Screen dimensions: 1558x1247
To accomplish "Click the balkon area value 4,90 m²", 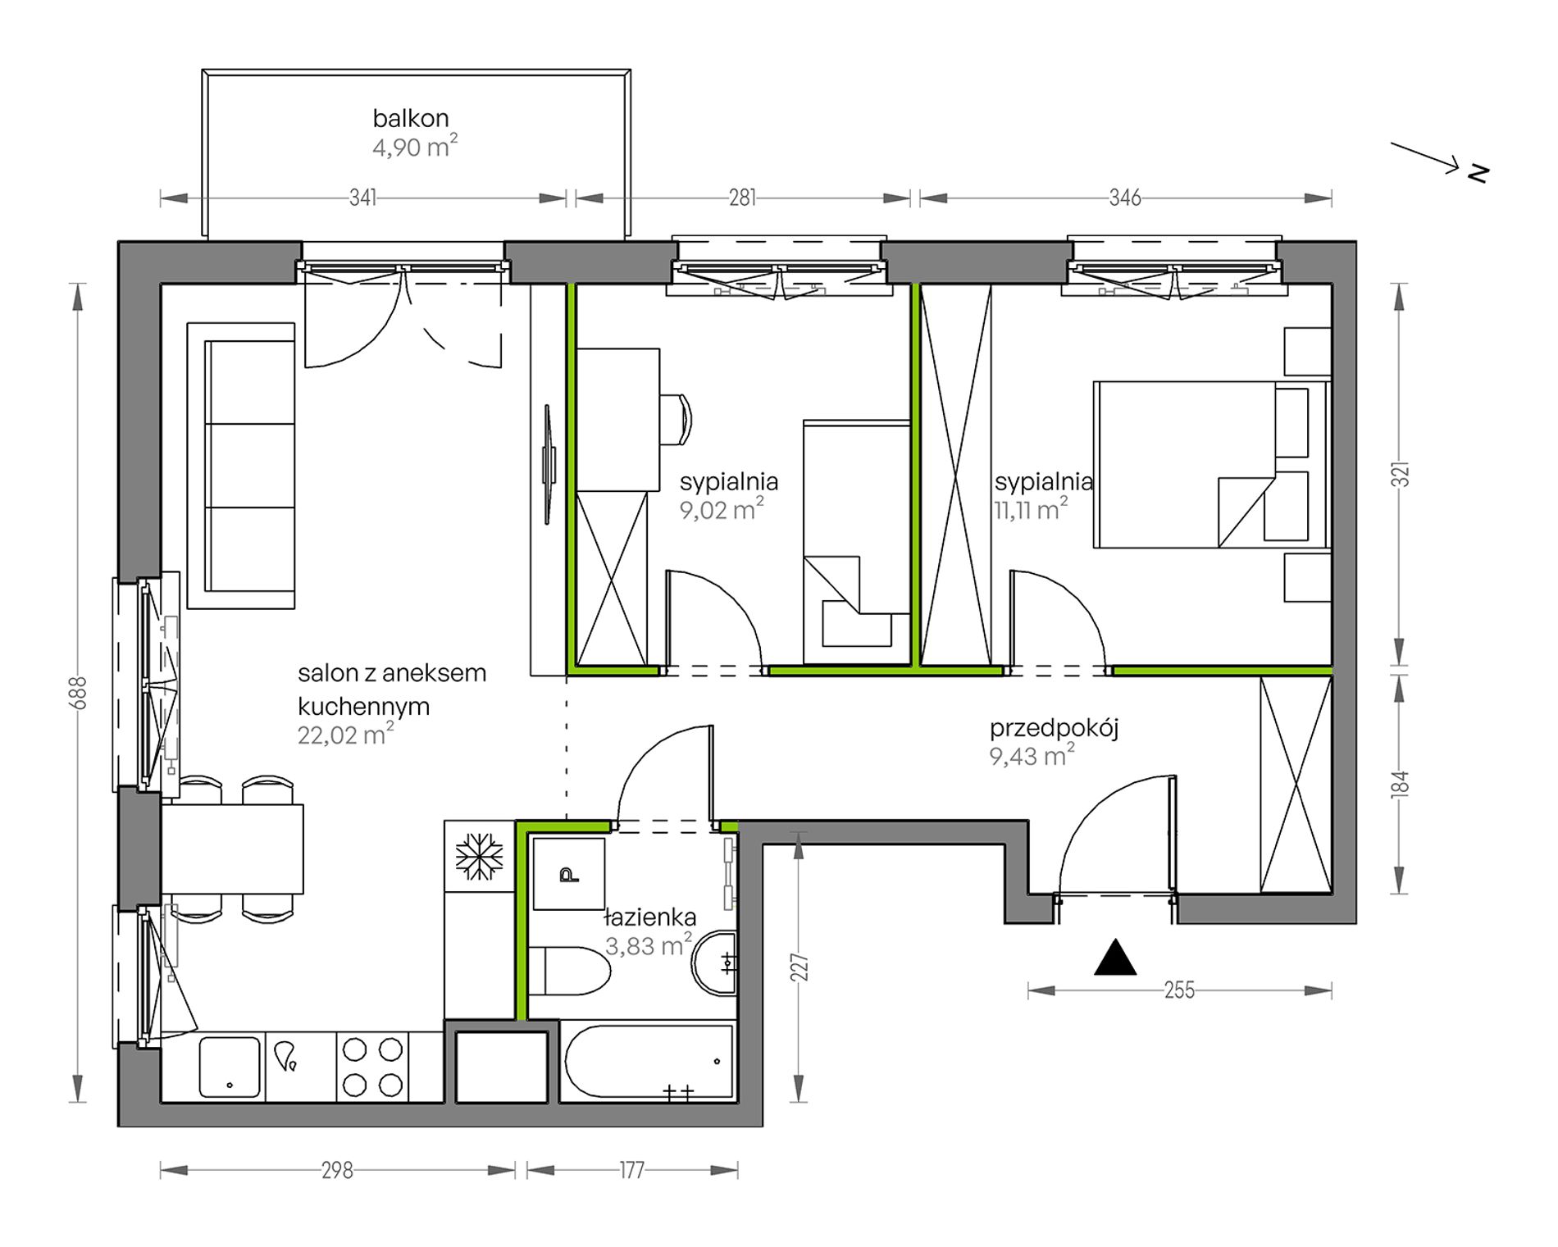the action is pyautogui.click(x=415, y=147).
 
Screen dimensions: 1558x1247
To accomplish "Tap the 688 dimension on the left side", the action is pyautogui.click(x=78, y=692).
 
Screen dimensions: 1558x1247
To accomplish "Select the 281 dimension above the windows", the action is pyautogui.click(x=743, y=198).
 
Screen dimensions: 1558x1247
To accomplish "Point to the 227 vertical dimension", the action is pyautogui.click(x=799, y=967).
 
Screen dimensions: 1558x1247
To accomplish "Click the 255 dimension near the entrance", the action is pyautogui.click(x=1179, y=990).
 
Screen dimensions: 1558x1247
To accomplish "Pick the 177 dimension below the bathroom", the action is pyautogui.click(x=631, y=1170).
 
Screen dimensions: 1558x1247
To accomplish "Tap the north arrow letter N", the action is pyautogui.click(x=1478, y=173).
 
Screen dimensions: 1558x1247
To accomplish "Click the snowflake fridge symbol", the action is pyautogui.click(x=479, y=857).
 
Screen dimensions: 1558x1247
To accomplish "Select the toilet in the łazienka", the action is pyautogui.click(x=570, y=972).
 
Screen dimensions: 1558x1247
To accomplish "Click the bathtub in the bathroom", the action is pyautogui.click(x=649, y=1061).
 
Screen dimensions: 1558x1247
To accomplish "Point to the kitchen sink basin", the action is pyautogui.click(x=230, y=1067).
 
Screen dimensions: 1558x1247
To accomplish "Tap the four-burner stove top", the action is pyautogui.click(x=372, y=1067).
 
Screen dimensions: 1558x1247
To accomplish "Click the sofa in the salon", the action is pyautogui.click(x=241, y=466).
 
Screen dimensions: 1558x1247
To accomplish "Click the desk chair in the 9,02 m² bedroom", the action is pyautogui.click(x=676, y=419).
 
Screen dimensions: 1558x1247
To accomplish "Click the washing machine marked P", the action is pyautogui.click(x=568, y=874).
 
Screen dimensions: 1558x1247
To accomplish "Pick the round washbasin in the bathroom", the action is pyautogui.click(x=715, y=963).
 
